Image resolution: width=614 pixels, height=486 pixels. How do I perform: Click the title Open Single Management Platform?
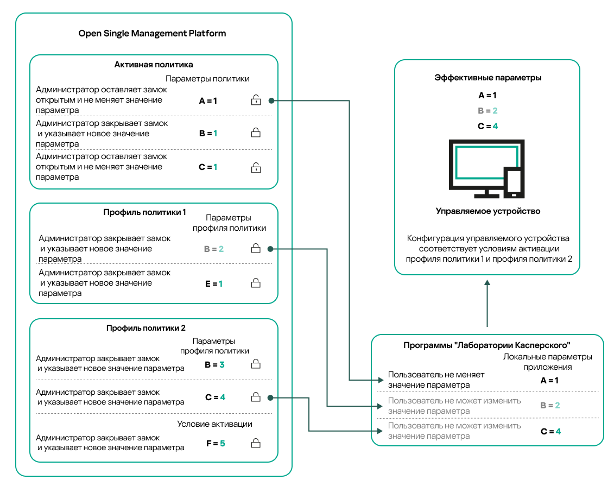152,34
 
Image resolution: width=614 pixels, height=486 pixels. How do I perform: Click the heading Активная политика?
154,65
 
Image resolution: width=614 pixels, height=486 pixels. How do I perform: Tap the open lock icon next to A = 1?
256,100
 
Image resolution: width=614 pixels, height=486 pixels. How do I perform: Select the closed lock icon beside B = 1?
256,133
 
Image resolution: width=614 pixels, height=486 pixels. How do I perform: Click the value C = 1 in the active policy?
208,167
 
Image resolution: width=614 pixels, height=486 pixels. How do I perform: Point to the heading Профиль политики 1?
144,212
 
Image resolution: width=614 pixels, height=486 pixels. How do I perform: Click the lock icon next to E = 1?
256,283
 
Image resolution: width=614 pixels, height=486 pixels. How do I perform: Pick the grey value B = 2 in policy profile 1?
213,249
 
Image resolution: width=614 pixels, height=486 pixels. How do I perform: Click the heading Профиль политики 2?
146,328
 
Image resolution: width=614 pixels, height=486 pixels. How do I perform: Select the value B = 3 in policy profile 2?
214,365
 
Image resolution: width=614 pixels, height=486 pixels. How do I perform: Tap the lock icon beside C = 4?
256,397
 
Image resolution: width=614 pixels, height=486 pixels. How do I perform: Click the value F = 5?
215,444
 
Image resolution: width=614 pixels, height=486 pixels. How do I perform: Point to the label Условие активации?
214,424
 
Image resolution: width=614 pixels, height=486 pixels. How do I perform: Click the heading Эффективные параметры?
488,78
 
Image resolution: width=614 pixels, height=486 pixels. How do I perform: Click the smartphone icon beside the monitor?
514,182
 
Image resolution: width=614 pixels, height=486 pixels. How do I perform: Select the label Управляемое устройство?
488,211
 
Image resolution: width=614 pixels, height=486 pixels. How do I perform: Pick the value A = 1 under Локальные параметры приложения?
549,381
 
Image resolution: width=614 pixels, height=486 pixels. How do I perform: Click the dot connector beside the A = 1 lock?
271,100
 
